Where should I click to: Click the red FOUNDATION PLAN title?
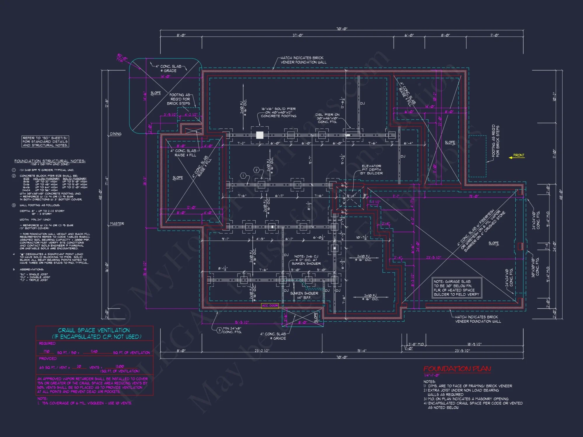pos(457,369)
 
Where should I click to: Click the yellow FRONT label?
pos(519,155)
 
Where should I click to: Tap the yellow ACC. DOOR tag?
pos(270,306)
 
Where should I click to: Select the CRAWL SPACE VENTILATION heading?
pos(94,330)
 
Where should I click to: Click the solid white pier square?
pos(259,135)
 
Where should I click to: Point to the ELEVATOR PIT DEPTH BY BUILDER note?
pos(371,170)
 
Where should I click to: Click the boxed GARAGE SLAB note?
pos(456,288)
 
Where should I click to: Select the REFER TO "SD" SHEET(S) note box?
pos(45,142)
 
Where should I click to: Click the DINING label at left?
pos(115,134)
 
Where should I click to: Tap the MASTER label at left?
pos(117,224)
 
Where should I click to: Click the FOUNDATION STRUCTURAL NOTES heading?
pos(50,161)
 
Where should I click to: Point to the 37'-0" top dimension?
pos(298,35)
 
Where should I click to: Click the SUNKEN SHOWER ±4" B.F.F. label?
pos(304,295)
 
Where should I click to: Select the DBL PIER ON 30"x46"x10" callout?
pos(327,118)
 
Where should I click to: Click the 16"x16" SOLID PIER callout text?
pos(278,112)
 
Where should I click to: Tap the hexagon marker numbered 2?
pos(257,170)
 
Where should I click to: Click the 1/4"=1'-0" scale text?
pos(431,376)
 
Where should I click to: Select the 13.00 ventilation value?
pos(120,366)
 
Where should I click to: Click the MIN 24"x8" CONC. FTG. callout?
pos(232,330)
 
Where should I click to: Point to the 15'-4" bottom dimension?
pos(361,351)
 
